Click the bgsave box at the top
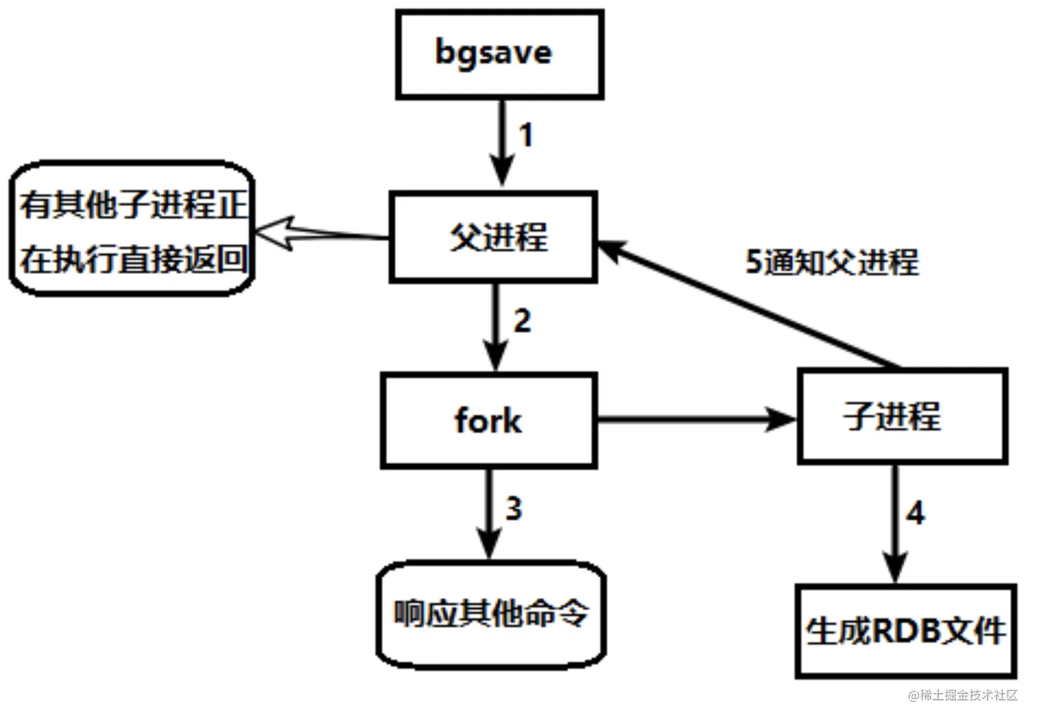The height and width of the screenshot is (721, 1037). (x=499, y=54)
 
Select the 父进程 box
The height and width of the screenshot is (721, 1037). (x=493, y=237)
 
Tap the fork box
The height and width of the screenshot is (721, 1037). (x=488, y=421)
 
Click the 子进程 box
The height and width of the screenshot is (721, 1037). (x=902, y=416)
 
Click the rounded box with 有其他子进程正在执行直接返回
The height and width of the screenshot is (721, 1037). (x=132, y=230)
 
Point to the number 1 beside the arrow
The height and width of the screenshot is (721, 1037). (x=525, y=135)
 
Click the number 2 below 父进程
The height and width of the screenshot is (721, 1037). (x=522, y=321)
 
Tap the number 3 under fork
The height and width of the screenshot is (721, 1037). (x=514, y=509)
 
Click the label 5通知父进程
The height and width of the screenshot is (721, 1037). (x=831, y=262)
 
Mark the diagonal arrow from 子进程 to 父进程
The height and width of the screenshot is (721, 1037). (x=748, y=306)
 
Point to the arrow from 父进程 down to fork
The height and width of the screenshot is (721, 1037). (x=495, y=326)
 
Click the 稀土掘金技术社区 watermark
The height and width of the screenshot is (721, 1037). (x=963, y=695)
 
